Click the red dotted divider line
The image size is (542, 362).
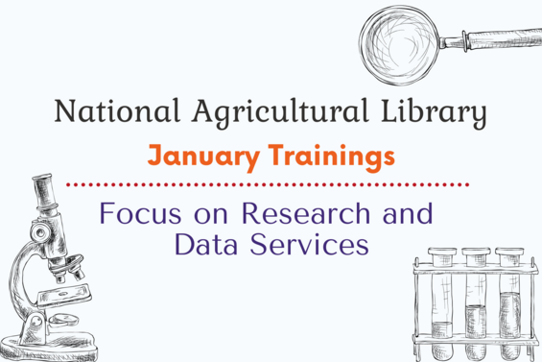(x=269, y=182)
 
